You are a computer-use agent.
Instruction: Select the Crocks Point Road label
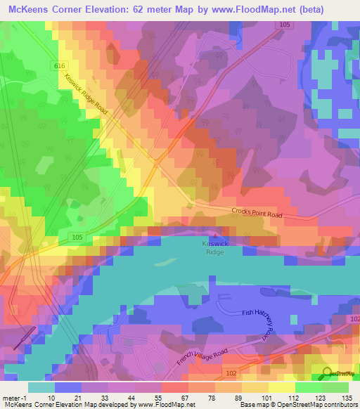(x=257, y=213)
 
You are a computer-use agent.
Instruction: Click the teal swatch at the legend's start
(x=41, y=387)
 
